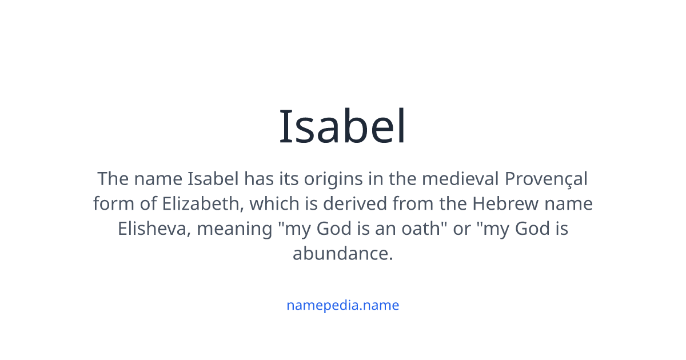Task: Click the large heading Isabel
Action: click(x=343, y=127)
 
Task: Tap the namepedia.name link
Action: click(x=342, y=305)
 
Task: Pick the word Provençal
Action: click(x=546, y=179)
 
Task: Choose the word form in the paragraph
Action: click(x=110, y=204)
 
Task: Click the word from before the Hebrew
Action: click(x=432, y=204)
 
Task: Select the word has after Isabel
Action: click(x=257, y=179)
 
